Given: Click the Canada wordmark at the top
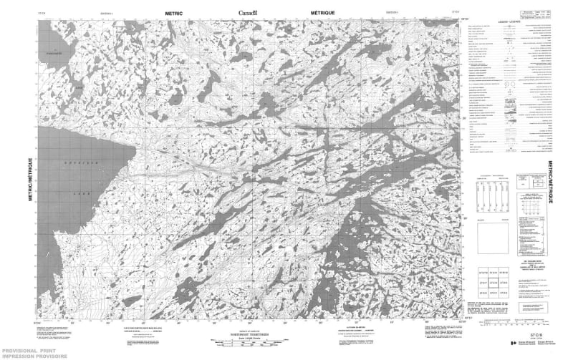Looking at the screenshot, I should (x=251, y=12).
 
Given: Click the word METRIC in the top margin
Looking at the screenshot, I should (x=175, y=13).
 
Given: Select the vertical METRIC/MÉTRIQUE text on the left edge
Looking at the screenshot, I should (x=31, y=182).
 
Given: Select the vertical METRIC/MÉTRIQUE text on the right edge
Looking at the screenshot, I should (x=550, y=182).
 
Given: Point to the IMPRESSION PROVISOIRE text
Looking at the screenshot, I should (x=32, y=356).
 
